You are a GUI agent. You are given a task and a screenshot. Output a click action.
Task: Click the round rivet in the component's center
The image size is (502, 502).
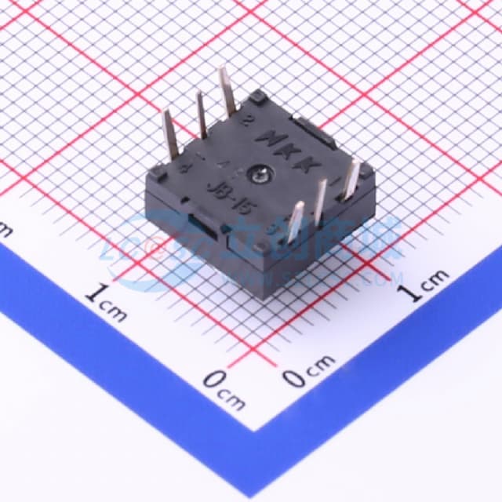click(260, 169)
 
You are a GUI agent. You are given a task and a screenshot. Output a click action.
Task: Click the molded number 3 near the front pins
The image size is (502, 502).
click(271, 230)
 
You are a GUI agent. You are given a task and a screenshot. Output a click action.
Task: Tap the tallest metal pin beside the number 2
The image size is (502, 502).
click(228, 91)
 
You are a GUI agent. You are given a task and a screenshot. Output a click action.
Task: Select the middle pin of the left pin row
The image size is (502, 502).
click(201, 114)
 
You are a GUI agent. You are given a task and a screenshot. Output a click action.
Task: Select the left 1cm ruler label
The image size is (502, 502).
click(106, 302)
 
